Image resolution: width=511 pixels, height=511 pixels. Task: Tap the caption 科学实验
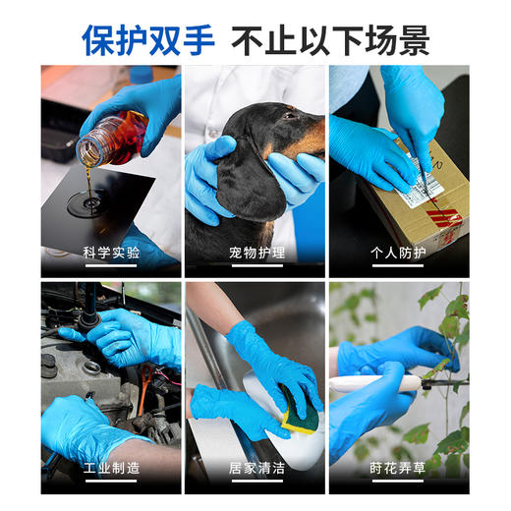coord(111,253)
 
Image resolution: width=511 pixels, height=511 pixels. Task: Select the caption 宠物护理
coord(255,253)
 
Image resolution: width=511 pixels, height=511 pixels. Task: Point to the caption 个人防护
coord(399,253)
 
